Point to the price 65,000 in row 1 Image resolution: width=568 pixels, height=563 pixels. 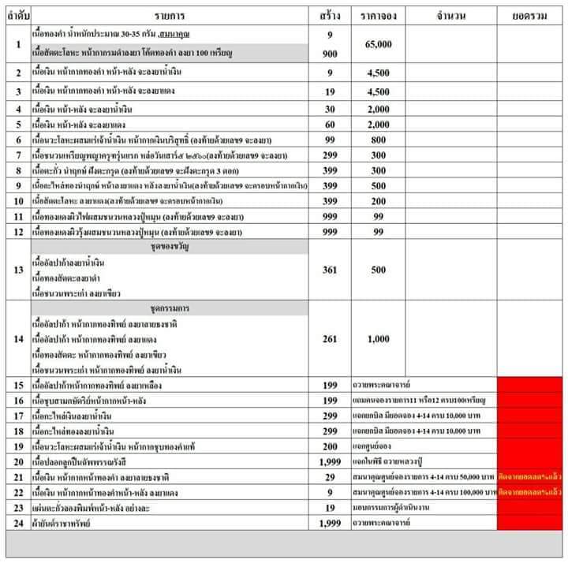click(377, 44)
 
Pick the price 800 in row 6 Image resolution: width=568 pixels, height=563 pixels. click(377, 140)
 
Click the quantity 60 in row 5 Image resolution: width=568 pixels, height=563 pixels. click(331, 125)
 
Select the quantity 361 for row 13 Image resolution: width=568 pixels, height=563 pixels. click(331, 270)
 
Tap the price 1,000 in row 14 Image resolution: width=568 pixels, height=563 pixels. click(377, 339)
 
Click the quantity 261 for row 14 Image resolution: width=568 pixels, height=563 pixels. click(331, 339)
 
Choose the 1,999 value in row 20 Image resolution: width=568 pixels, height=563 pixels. click(331, 462)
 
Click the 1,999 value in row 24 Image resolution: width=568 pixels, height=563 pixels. click(331, 523)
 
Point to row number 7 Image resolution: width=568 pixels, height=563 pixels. click(17, 155)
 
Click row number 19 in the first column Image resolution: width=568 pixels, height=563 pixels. click(17, 447)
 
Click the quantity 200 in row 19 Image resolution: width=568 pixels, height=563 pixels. click(331, 447)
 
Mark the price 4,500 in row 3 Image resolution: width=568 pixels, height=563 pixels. click(377, 91)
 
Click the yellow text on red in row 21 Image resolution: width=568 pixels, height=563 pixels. click(528, 478)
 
